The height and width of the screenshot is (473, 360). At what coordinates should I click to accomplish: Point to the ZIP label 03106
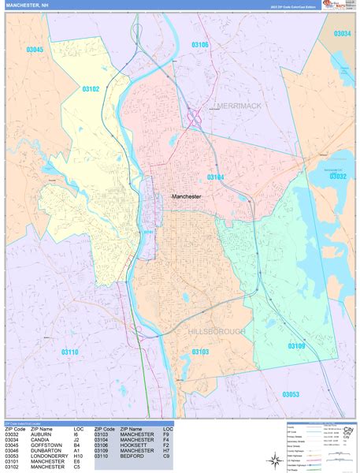[x=200, y=45]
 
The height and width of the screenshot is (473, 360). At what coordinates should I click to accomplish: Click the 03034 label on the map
[x=341, y=34]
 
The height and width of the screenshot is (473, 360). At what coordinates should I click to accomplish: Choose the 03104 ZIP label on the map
[x=215, y=177]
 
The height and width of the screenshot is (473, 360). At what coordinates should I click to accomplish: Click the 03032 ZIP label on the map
[x=337, y=177]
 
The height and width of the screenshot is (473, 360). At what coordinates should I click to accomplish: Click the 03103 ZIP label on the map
[x=200, y=352]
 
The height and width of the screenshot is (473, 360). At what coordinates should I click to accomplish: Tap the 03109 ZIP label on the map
[x=296, y=346]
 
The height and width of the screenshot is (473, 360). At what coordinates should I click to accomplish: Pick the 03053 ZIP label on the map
[x=291, y=393]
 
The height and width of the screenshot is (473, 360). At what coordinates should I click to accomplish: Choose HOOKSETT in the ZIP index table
[x=134, y=445]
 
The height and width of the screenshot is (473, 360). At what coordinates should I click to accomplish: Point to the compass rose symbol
[x=275, y=458]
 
